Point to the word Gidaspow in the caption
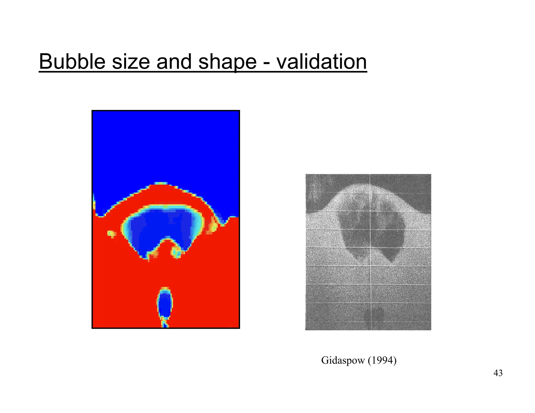pyautogui.click(x=343, y=360)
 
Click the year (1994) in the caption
pyautogui.click(x=382, y=360)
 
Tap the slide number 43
pyautogui.click(x=498, y=373)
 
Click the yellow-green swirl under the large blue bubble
pyautogui.click(x=176, y=252)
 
